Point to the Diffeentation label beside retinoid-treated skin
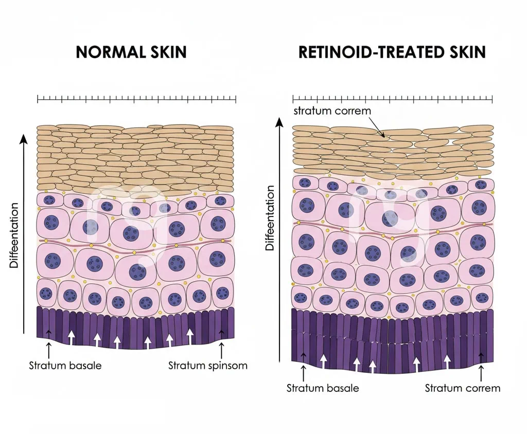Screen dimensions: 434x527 click(x=270, y=219)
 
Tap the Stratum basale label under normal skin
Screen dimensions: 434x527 click(x=65, y=366)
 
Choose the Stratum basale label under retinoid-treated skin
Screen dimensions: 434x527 click(x=323, y=388)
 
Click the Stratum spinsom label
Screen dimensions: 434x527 click(x=208, y=366)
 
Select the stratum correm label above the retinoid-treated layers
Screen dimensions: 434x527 click(x=332, y=111)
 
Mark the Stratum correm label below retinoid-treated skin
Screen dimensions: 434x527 click(x=462, y=388)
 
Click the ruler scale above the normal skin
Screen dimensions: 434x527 click(x=136, y=99)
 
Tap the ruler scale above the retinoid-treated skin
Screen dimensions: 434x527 click(x=392, y=99)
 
